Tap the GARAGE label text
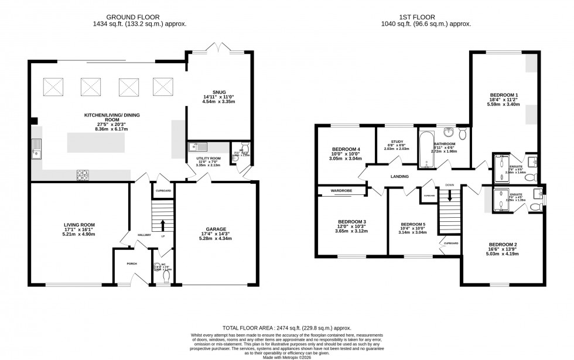[216, 229]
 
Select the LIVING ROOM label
[79, 224]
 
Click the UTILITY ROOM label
[207, 159]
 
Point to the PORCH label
[131, 263]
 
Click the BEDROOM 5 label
[413, 224]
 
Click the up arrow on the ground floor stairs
[163, 225]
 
